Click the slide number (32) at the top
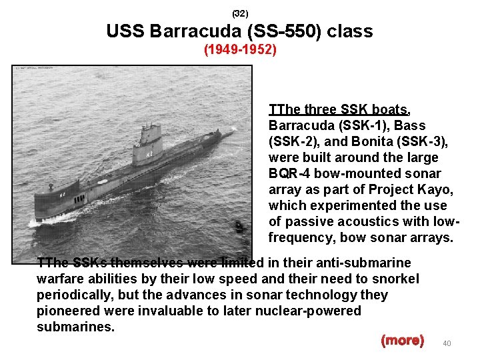pos(240,13)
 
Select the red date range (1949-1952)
pos(240,50)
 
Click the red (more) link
pos(402,340)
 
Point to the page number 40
pos(447,343)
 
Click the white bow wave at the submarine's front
pos(47,219)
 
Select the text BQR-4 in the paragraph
pos(288,173)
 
